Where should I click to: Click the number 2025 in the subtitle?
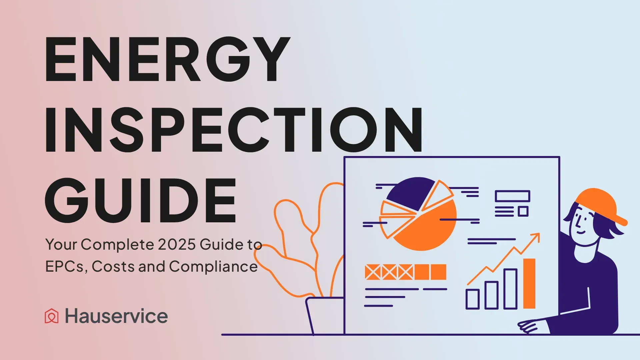point(177,244)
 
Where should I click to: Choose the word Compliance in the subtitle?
point(213,267)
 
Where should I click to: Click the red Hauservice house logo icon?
point(52,316)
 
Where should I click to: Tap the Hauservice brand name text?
point(116,316)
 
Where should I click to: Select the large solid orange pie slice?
point(430,227)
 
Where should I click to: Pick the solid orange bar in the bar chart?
point(529,283)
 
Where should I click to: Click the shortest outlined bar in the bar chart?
point(472,299)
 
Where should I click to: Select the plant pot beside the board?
point(325,315)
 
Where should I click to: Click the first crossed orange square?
point(373,272)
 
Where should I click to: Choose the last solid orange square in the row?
point(438,272)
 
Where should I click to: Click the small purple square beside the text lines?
point(523,211)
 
